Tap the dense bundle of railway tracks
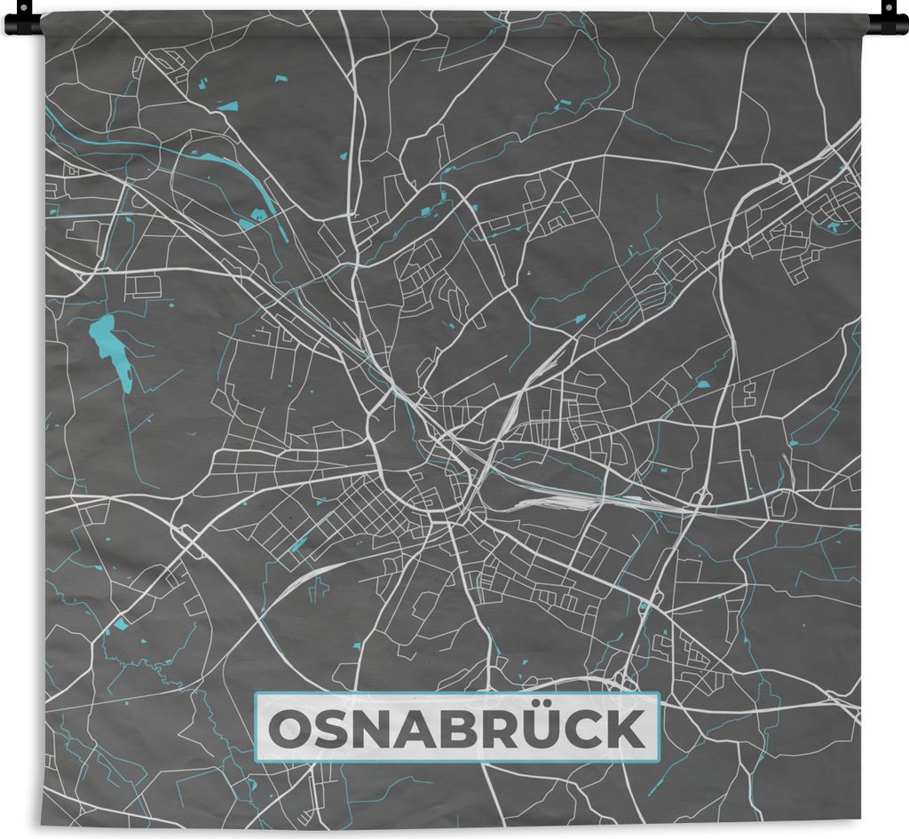(568, 502)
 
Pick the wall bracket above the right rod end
(888, 6)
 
